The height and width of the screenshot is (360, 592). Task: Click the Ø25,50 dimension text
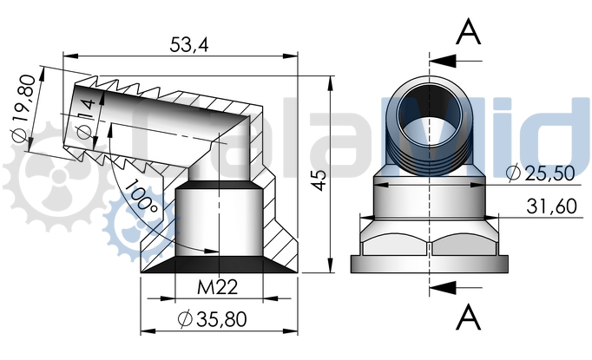coord(540,173)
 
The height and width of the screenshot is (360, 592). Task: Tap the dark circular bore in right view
coord(431,110)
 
